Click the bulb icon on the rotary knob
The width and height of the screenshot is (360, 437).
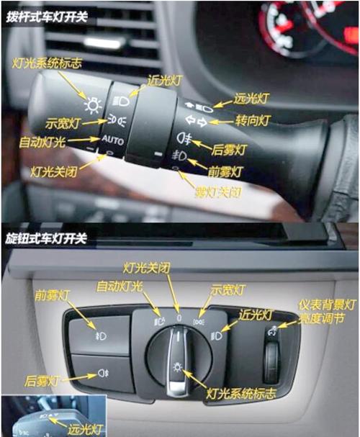click(178, 367)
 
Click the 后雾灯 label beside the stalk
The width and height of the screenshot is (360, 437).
click(229, 150)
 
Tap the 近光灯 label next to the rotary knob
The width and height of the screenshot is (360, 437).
click(256, 315)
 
